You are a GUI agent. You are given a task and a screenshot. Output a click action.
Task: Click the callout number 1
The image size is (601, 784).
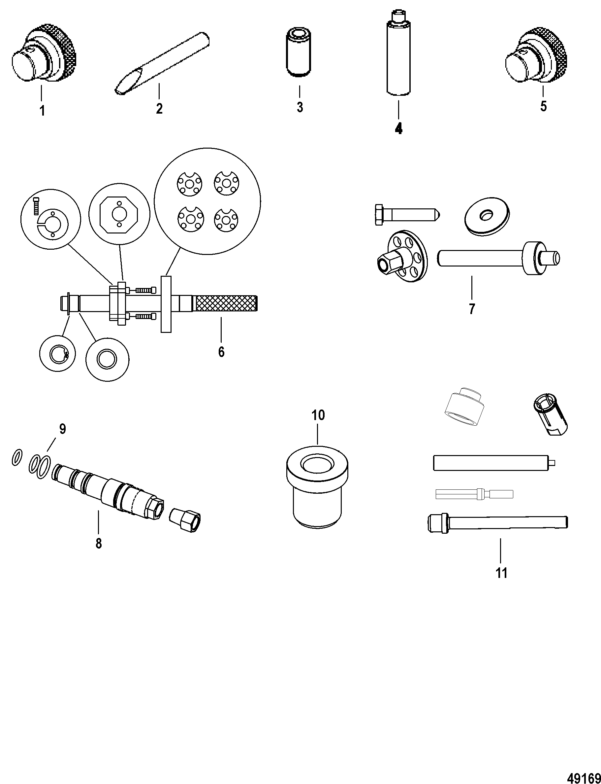42,111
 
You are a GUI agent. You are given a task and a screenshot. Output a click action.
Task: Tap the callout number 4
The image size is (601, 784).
398,128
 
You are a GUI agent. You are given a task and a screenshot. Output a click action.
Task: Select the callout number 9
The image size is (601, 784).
63,429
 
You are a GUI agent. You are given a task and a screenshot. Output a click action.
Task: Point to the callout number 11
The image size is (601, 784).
502,573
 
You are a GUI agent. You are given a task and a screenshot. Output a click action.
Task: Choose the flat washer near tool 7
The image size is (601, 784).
488,216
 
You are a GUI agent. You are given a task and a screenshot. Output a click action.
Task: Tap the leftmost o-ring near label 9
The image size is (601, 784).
17,457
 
